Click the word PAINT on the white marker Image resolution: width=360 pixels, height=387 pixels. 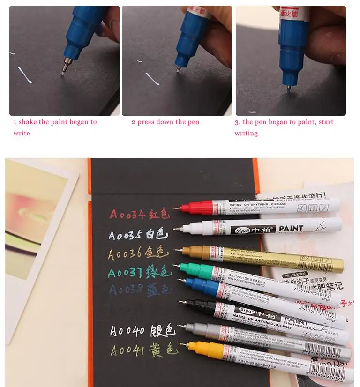click(291, 229)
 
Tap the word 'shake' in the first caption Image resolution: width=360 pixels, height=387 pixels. click(28, 122)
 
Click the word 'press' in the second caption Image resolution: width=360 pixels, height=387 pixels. click(146, 122)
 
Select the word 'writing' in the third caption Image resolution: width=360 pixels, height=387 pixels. click(246, 133)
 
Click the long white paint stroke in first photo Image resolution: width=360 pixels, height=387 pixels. click(25, 75)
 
